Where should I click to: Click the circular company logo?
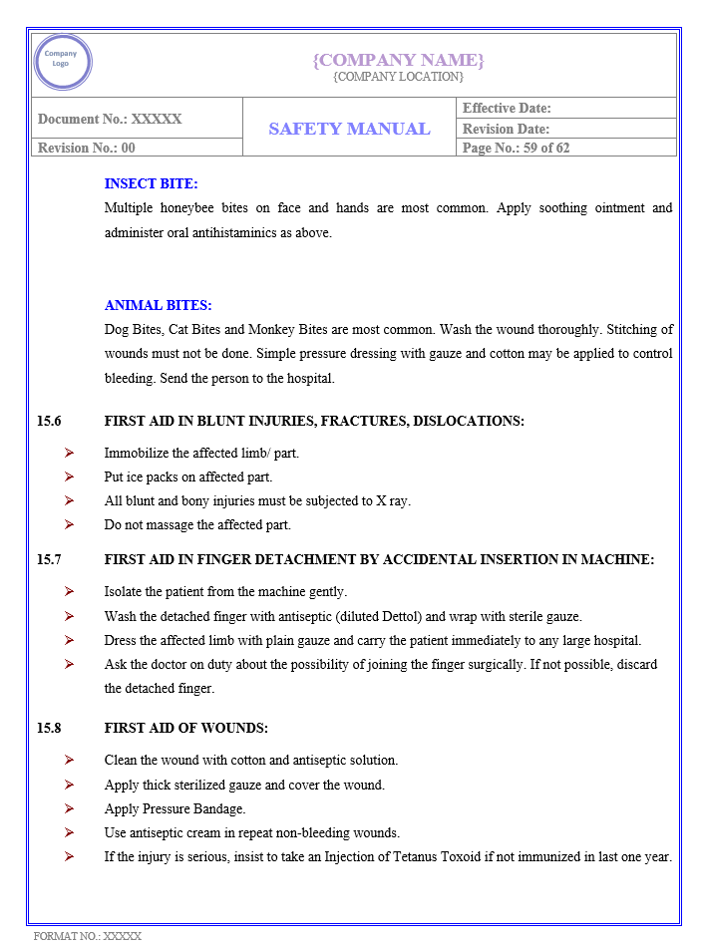(62, 62)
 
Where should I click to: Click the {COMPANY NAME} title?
(398, 60)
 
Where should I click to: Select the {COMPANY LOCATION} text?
(398, 77)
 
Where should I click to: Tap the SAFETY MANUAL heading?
(349, 129)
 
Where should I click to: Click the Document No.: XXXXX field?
(110, 119)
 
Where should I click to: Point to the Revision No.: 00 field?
(87, 148)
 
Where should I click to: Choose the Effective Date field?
(507, 108)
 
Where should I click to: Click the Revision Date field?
(506, 129)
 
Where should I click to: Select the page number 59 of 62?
(543, 148)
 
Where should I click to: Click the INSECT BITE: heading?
(151, 183)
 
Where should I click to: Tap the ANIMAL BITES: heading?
(158, 306)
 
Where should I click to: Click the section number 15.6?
(49, 422)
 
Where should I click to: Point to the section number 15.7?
(49, 560)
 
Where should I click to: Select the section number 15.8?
(49, 729)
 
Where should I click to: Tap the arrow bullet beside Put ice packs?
(69, 476)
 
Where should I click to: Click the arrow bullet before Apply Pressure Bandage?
(69, 808)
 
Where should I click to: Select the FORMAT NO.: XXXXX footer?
(88, 937)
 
